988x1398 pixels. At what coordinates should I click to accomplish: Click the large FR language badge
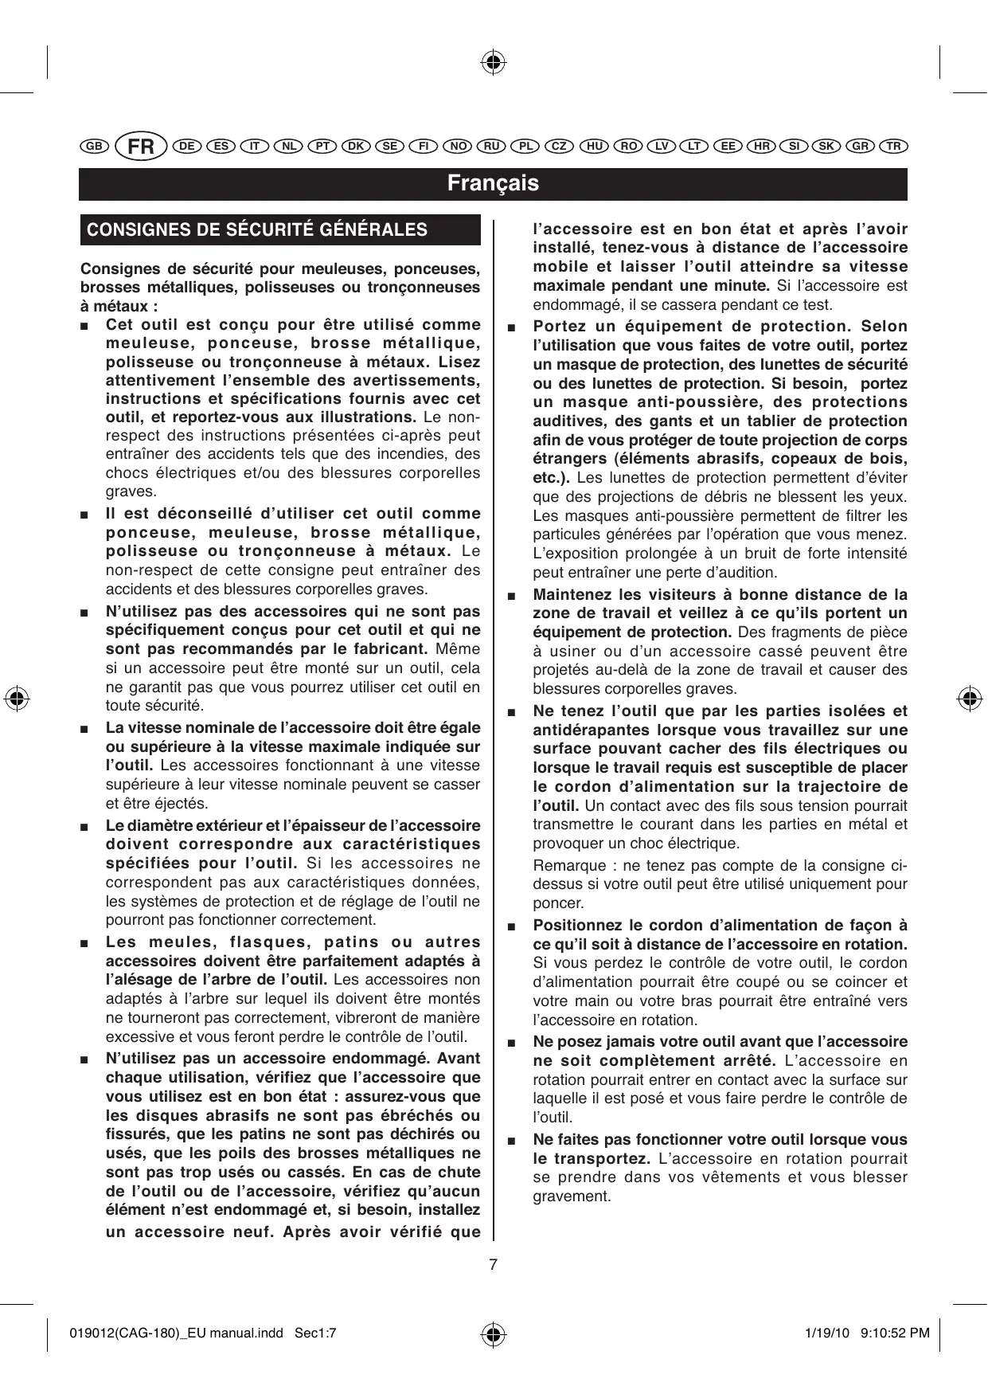coord(141,147)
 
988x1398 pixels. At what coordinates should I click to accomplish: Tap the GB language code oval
coord(94,147)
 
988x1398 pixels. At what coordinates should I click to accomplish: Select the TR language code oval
coord(894,147)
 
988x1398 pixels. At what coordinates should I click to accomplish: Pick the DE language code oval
coord(187,147)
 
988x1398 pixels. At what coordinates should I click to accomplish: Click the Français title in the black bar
coord(493,183)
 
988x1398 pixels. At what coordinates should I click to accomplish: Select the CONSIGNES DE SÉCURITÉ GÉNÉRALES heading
coord(257,230)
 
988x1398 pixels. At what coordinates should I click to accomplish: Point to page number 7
coord(494,1263)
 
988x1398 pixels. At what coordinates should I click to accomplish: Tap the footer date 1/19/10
coord(822,1333)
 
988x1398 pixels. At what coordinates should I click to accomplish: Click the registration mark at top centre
coord(494,61)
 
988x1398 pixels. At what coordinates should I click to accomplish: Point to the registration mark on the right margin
coord(969,698)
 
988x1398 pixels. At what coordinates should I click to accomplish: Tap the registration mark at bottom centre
coord(494,1333)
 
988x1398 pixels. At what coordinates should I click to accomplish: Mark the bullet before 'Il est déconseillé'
coord(84,515)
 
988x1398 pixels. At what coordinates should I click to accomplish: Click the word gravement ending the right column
coord(572,1196)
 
